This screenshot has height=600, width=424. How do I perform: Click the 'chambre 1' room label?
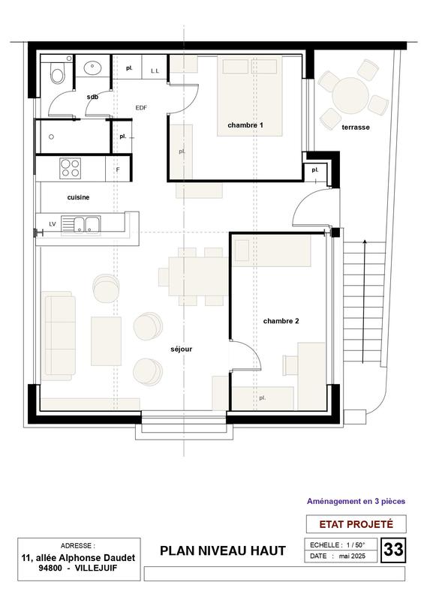click(x=245, y=124)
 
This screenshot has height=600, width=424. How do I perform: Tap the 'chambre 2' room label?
click(x=281, y=321)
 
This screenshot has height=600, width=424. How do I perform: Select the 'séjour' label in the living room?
click(x=182, y=349)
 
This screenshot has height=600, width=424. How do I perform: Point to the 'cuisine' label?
click(x=79, y=197)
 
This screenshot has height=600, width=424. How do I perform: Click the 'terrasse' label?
click(x=355, y=127)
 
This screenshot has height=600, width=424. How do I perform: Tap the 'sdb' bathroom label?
click(x=93, y=97)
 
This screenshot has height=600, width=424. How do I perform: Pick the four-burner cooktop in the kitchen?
click(x=71, y=168)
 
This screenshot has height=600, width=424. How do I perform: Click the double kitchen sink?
click(x=83, y=223)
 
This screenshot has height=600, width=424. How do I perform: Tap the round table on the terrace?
click(x=350, y=94)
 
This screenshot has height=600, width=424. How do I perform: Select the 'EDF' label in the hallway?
click(x=141, y=108)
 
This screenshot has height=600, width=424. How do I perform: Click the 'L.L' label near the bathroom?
click(x=155, y=70)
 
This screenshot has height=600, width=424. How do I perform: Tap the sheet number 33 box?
click(x=393, y=550)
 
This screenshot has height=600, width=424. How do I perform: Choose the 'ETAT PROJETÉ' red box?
click(x=356, y=523)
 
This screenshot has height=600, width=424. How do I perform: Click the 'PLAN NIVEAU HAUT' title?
click(x=223, y=551)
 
